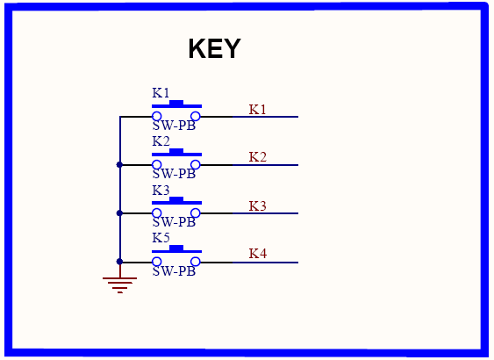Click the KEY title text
(215, 48)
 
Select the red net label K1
(258, 110)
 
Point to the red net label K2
(258, 157)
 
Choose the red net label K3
(258, 206)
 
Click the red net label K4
(258, 254)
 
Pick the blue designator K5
(161, 238)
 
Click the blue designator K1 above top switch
(161, 93)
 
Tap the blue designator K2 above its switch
(161, 141)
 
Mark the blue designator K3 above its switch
(161, 190)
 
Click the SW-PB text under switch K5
(174, 271)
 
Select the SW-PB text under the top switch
(174, 126)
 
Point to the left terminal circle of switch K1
(156, 116)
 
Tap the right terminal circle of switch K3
(196, 213)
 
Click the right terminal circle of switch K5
(196, 262)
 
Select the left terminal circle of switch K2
(156, 164)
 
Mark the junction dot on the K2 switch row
(119, 164)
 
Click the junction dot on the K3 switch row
(119, 213)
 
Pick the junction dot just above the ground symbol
(119, 262)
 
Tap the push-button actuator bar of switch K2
(176, 153)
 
